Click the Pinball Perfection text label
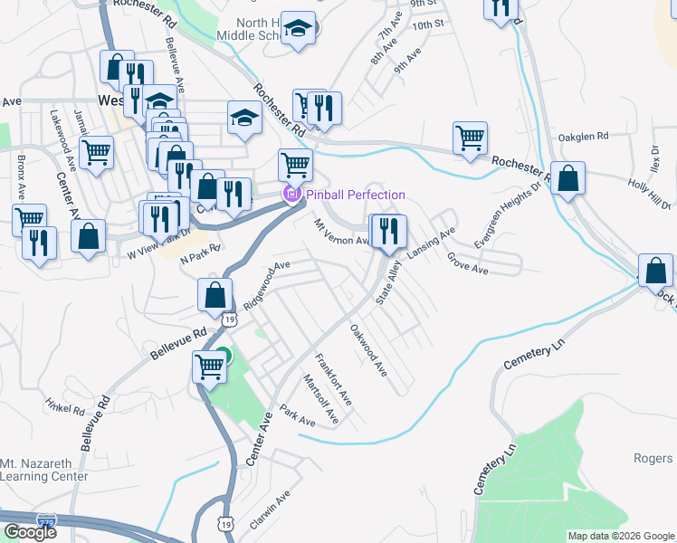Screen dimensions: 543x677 pos(355,195)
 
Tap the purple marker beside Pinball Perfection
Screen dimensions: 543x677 pos(291,195)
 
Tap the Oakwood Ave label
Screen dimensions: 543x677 pos(368,352)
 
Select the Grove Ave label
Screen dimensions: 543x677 pos(467,263)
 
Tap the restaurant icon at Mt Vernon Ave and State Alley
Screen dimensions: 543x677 pos(388,231)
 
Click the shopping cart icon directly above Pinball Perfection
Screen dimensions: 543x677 pos(295,166)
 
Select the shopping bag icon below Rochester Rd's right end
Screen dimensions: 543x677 pos(567,178)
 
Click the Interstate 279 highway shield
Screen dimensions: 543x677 pos(46,520)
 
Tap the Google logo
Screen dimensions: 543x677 pos(30,532)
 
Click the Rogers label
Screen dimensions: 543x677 pos(653,459)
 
